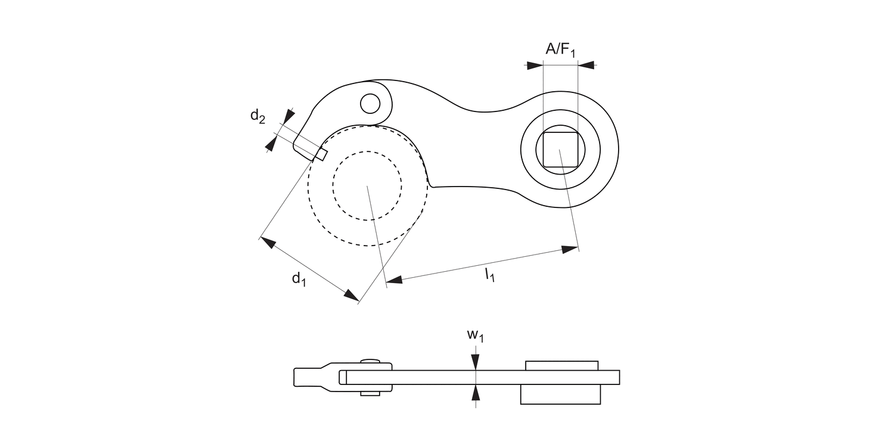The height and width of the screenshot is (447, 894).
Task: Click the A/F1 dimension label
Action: [x=560, y=50]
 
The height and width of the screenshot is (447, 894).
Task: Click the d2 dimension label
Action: [x=257, y=117]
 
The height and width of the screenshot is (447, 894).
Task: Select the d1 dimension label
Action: [x=299, y=278]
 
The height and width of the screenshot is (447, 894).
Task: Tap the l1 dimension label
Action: [x=489, y=275]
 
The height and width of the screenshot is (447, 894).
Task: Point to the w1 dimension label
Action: [x=475, y=336]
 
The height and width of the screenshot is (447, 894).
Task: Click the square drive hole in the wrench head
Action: [x=560, y=149]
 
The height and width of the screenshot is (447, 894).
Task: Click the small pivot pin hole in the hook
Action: [x=370, y=103]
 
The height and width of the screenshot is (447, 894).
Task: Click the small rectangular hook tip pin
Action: [x=321, y=154]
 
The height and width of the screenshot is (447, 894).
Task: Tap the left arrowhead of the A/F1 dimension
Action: [x=535, y=65]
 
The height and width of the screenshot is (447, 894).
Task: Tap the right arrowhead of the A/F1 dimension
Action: [x=586, y=65]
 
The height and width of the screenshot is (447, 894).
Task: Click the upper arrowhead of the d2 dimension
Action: [x=289, y=115]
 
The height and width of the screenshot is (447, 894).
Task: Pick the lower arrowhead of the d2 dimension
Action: [x=272, y=144]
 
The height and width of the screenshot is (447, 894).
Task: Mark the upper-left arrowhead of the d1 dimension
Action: [x=268, y=243]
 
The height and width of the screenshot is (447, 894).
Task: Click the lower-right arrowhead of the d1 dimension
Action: [x=350, y=294]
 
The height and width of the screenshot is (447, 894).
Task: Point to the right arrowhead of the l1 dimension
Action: [x=570, y=249]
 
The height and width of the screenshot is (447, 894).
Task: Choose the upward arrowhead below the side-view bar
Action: [x=475, y=392]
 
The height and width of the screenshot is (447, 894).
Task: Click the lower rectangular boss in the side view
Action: [x=560, y=394]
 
